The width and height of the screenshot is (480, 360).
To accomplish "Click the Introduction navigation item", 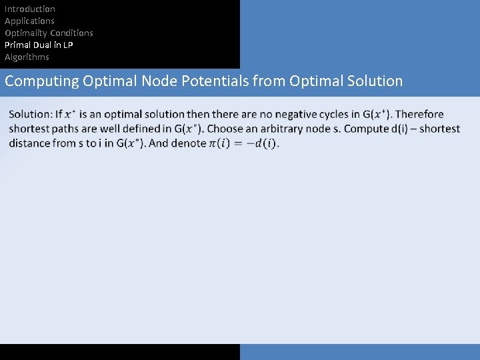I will coord(30,9).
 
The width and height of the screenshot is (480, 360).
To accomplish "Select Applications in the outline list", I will coord(29,21).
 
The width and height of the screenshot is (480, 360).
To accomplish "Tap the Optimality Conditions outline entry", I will coord(49,33).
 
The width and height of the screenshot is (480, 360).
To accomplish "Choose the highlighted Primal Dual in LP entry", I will coord(39,45).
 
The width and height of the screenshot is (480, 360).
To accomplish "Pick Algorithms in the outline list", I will coord(27,57).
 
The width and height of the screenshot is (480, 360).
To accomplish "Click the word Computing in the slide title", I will coord(41,81).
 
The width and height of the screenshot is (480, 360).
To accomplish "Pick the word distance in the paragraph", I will coord(31,143).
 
